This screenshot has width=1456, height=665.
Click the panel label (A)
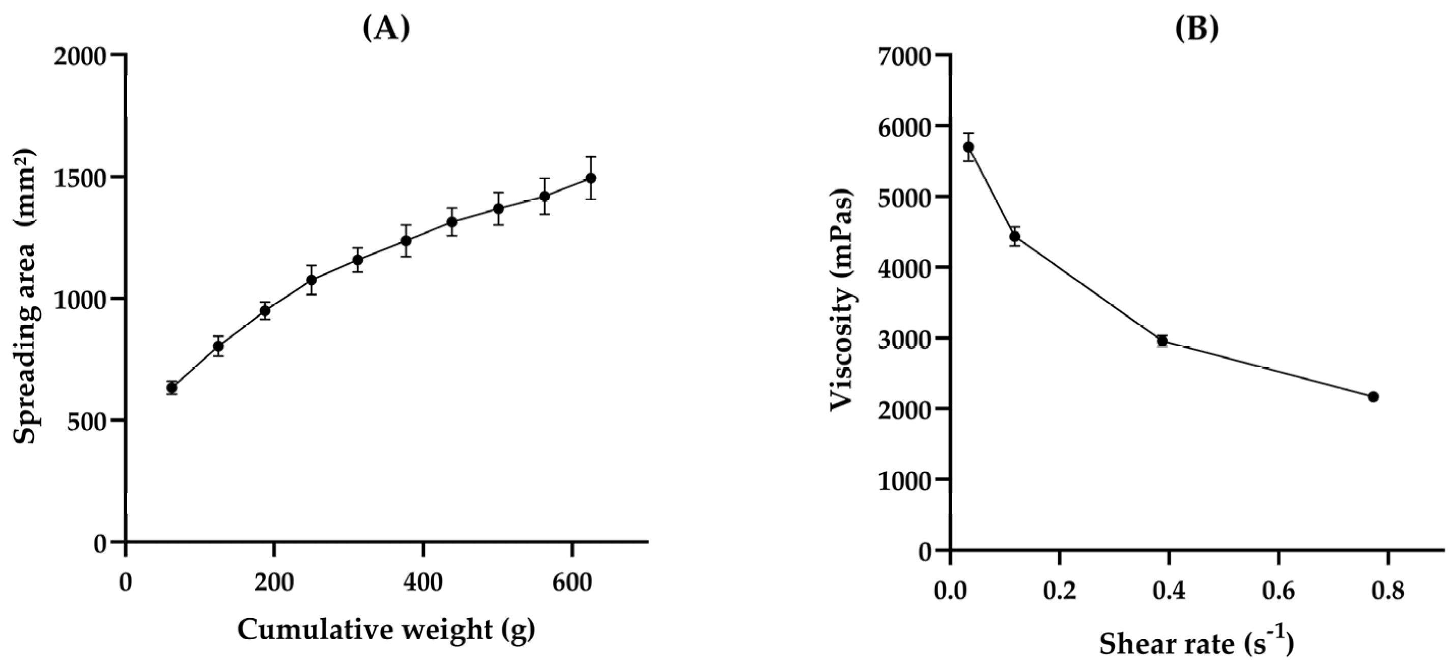[386, 29]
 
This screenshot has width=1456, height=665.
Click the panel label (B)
[1196, 29]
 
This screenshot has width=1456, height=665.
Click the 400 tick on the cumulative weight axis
[423, 582]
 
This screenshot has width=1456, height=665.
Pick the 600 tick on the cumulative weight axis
[572, 582]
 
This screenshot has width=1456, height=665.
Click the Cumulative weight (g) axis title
[386, 629]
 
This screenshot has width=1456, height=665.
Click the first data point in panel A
[172, 388]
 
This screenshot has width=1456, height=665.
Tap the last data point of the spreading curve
[591, 178]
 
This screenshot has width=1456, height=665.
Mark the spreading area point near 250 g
[311, 280]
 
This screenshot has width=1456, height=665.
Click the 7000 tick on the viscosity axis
[904, 56]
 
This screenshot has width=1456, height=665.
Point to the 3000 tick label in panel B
[904, 339]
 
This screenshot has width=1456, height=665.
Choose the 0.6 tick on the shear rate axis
[1278, 592]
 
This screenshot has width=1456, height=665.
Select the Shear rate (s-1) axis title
[1196, 644]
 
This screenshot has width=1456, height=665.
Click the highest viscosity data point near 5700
[968, 147]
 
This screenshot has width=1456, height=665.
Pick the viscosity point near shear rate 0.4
[1162, 341]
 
